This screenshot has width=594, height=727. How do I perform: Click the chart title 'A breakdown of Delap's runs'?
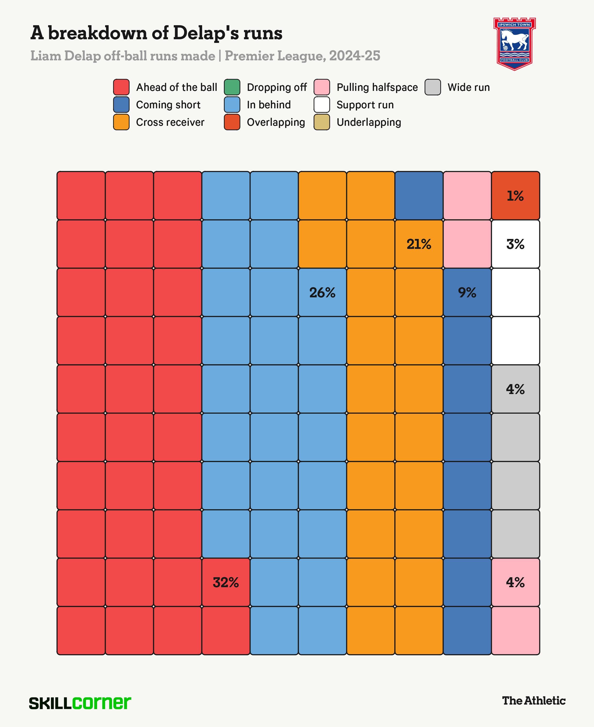coord(156,33)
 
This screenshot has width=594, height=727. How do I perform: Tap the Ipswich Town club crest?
coord(514,44)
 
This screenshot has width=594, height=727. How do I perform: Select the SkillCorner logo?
coord(80,703)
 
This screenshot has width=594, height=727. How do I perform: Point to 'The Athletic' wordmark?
coord(533,701)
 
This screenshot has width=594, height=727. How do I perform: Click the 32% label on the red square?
coord(226,582)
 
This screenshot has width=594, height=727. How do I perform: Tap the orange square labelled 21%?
coord(419,244)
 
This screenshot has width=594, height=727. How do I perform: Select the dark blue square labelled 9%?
coord(467,292)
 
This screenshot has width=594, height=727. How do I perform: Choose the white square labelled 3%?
coord(515,244)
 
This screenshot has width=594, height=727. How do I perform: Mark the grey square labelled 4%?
coord(515,389)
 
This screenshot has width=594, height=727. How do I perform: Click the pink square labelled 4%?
coord(515,582)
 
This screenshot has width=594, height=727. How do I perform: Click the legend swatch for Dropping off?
coord(232,87)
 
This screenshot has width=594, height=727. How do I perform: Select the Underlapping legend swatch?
coord(322,122)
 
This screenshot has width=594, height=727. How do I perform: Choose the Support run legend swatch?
coord(322,104)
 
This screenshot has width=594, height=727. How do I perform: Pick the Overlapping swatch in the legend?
coord(232,122)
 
